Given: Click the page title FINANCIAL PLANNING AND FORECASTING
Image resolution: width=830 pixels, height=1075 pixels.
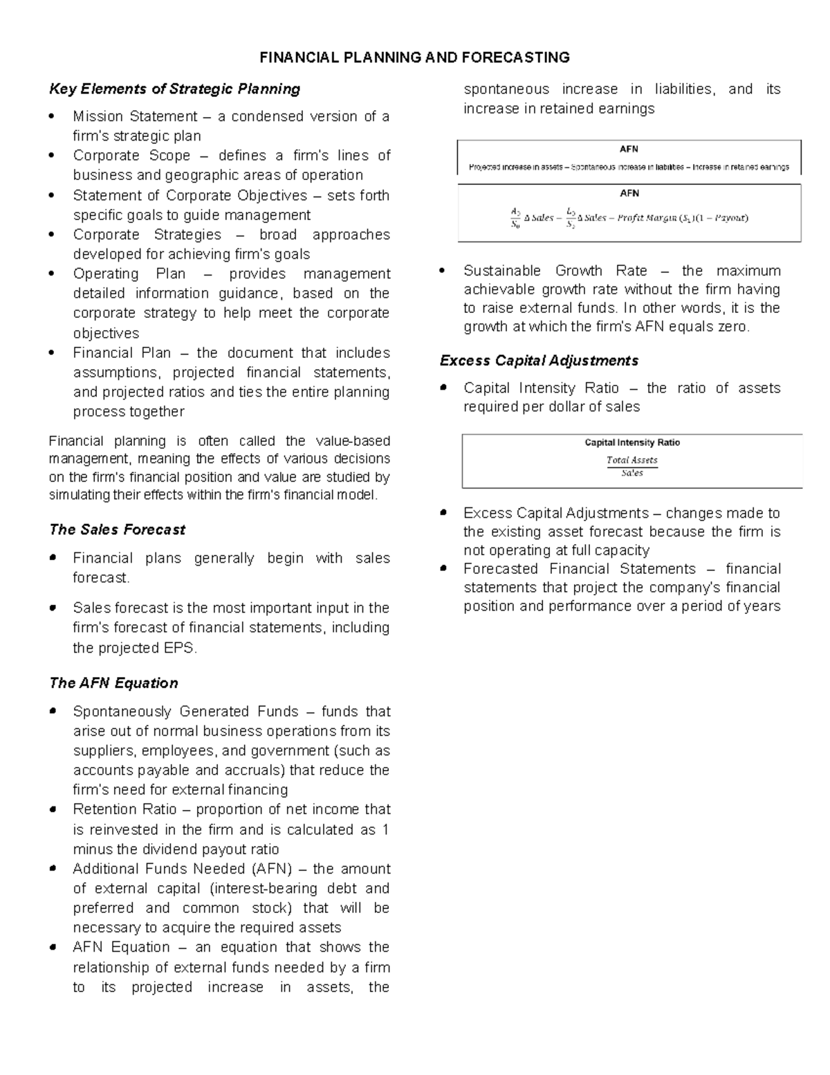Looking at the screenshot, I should click(x=414, y=57).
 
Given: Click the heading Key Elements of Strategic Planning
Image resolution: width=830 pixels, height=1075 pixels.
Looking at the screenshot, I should click(x=174, y=89).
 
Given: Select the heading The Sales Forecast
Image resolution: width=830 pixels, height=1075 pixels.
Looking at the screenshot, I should click(x=117, y=530).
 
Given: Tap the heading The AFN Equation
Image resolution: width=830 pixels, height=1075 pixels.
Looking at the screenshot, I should click(x=113, y=683).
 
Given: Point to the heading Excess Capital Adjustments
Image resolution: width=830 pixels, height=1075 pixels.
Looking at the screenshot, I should click(x=539, y=361).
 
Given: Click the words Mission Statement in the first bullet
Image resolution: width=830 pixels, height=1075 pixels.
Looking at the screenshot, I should click(x=136, y=116).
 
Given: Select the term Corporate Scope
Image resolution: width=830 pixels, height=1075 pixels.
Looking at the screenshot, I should click(x=131, y=156).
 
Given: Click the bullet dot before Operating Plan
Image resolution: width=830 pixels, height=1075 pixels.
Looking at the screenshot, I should click(x=53, y=273).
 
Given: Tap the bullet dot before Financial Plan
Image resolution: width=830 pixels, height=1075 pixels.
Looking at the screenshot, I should click(x=53, y=353).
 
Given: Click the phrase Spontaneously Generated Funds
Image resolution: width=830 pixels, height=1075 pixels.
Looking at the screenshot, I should click(x=185, y=712).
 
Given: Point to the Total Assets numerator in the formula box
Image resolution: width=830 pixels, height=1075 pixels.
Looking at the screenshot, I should click(x=631, y=460).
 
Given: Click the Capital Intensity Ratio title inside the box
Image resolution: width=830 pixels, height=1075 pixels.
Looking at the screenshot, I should click(x=631, y=443).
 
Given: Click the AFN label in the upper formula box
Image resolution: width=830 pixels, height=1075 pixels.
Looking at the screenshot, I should click(x=629, y=149).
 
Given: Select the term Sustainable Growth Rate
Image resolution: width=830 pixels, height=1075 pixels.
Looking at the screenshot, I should click(x=555, y=271).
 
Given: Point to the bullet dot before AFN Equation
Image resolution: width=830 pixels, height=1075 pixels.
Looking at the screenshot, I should click(x=53, y=948).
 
